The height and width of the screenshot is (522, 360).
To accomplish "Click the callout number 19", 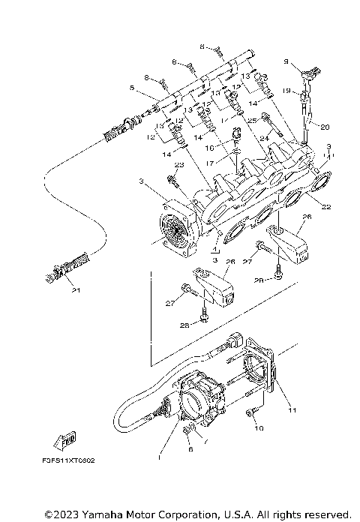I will click(132, 88).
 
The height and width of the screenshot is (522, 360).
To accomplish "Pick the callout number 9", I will click(286, 61).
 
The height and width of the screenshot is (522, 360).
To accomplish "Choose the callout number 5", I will click(132, 88).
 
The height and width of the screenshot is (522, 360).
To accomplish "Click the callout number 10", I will click(260, 429).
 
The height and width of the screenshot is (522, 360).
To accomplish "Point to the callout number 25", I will click(251, 120).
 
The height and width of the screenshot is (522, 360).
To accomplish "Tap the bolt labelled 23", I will click(173, 180).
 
